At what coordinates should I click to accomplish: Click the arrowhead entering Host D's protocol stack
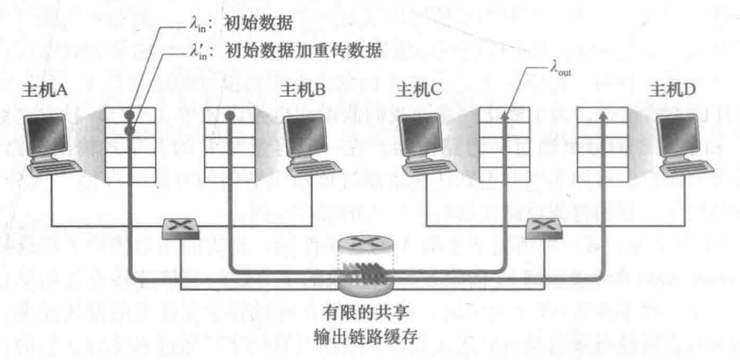click(602, 115)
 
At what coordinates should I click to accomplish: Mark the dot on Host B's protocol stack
click(229, 115)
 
